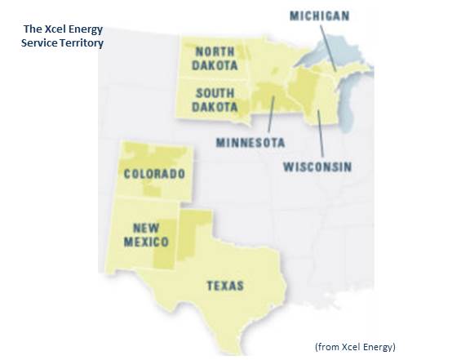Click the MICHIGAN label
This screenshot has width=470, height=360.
click(320, 16)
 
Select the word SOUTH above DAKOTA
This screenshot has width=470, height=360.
click(215, 93)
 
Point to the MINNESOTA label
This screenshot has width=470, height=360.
click(251, 142)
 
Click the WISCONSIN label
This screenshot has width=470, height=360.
click(317, 167)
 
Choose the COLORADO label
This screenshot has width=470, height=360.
click(154, 174)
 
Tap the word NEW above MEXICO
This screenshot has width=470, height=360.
click(147, 228)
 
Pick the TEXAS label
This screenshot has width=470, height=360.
click(224, 286)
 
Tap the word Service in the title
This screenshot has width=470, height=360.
click(39, 42)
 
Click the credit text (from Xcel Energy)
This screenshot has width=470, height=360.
click(355, 347)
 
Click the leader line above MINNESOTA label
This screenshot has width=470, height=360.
click(269, 114)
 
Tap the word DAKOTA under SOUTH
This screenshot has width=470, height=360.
click(215, 107)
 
